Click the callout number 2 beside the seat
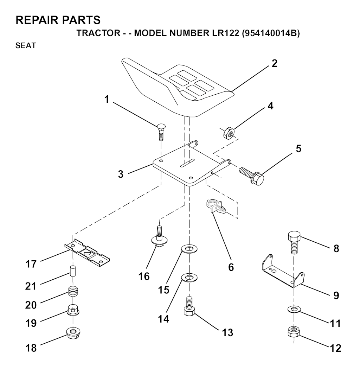click(x=275, y=64)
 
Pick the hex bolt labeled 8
click(x=294, y=243)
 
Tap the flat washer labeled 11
click(x=294, y=309)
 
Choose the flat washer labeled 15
click(x=189, y=248)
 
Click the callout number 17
click(x=31, y=264)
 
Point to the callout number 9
click(x=336, y=295)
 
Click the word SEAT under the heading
click(x=26, y=45)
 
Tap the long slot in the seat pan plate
click(x=187, y=163)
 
